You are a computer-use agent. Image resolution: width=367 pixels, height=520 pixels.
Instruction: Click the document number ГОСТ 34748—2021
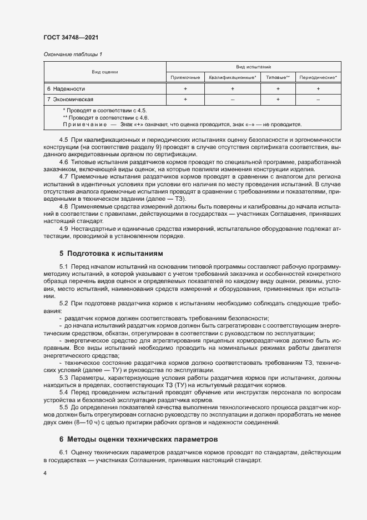(71, 37)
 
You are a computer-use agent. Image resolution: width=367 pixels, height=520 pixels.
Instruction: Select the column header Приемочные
(185, 77)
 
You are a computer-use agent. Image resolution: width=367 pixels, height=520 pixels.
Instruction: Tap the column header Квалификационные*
(232, 77)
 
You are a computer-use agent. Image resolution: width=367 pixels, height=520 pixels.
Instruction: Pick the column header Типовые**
(278, 77)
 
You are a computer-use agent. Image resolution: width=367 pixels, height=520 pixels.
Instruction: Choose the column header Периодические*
(318, 77)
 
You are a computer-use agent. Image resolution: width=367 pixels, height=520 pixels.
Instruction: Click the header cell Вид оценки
(104, 72)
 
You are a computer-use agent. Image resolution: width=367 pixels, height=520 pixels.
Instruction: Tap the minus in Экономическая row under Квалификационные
(232, 100)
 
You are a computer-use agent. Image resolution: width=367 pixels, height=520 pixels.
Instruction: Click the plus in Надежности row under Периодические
(318, 89)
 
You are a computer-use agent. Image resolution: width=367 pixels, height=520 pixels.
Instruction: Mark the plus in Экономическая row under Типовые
(278, 100)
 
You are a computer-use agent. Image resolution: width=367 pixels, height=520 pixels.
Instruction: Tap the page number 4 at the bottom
(45, 473)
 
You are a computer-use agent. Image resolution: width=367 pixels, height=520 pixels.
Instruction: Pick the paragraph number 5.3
(64, 378)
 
